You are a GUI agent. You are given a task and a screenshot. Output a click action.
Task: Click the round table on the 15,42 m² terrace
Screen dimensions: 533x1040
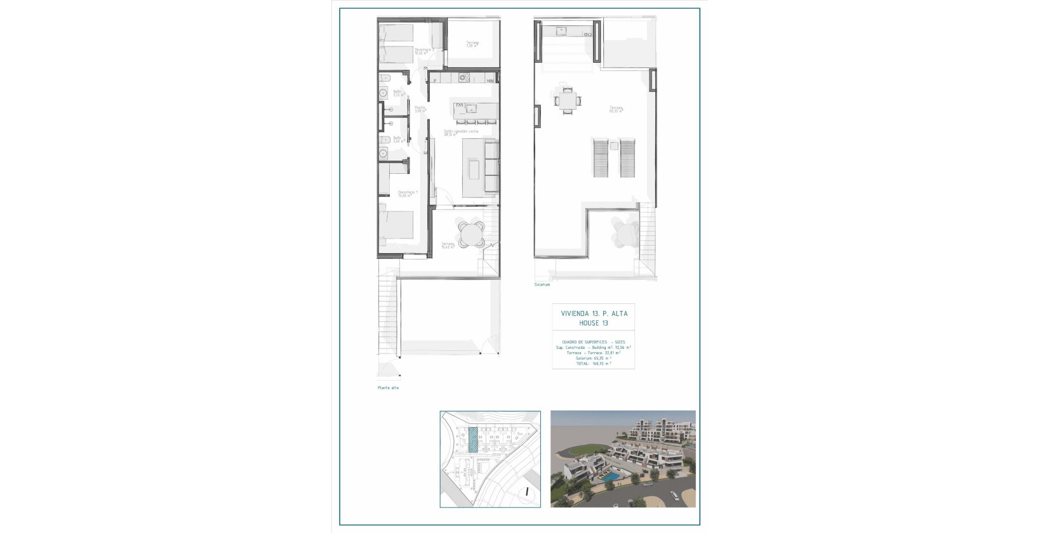pos(470,235)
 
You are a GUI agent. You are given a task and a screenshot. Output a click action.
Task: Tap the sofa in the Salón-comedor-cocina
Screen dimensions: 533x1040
pos(491,168)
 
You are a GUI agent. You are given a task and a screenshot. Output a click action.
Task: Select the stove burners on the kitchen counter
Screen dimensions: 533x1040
pos(464,78)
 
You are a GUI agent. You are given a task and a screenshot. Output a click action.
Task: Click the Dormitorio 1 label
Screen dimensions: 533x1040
pos(408,194)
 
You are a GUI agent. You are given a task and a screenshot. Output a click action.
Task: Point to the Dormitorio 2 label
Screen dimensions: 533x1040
pos(423,51)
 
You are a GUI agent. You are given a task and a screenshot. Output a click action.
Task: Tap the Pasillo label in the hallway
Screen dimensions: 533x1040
pos(420,109)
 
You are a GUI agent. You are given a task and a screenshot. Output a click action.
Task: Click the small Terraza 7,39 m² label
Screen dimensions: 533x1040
pos(472,44)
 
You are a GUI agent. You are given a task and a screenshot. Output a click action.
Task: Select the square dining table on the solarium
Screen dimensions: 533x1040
pos(568,100)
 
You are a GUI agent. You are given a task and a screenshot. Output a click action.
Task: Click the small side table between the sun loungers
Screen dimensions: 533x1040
pos(614,146)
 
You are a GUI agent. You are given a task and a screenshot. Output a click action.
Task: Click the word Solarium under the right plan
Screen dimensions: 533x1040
pos(542,285)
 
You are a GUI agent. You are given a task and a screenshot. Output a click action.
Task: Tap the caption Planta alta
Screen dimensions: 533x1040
pos(388,388)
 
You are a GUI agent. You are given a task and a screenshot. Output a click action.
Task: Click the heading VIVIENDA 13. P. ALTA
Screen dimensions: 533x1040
pos(594,313)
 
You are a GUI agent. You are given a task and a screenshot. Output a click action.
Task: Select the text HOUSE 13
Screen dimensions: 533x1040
pos(594,323)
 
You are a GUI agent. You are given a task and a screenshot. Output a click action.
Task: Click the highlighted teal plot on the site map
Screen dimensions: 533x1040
pos(473,439)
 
